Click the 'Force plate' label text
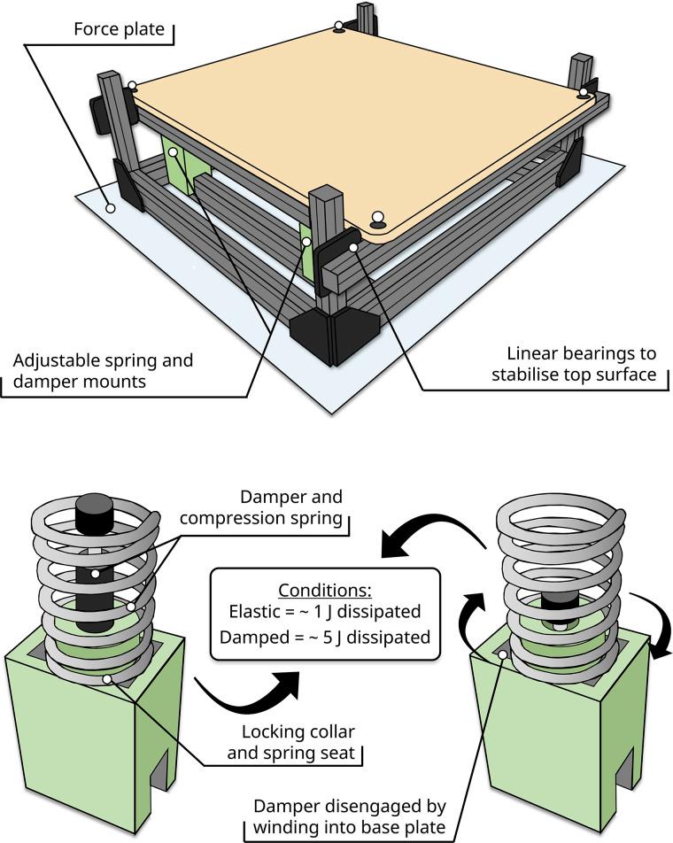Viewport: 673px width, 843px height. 119,28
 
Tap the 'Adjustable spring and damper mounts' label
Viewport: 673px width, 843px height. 103,370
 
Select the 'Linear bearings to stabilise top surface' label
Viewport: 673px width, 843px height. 574,364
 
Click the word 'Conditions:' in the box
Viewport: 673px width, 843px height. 325,590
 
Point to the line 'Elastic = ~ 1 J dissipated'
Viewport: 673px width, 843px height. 325,611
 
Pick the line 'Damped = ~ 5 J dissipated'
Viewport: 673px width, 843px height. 325,637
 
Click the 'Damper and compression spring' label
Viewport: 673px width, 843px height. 261,507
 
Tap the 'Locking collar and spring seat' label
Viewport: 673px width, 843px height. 291,742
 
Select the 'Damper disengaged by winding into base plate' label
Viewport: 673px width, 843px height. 350,816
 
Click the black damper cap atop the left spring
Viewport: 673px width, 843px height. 94,507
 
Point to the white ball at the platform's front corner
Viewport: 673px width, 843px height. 378,217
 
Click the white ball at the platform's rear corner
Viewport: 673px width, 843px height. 338,26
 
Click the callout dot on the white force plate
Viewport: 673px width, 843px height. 111,208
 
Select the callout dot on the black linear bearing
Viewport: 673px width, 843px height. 353,247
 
